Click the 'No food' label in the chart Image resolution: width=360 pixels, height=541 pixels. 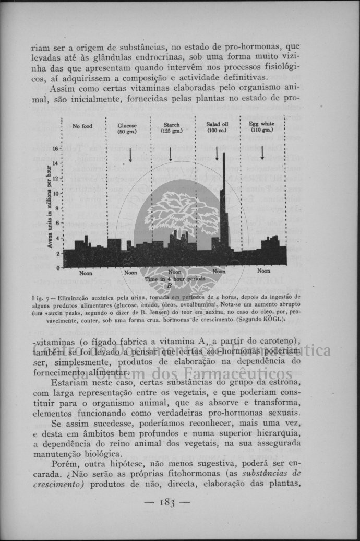(82, 126)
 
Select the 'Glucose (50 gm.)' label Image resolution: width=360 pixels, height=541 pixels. (127, 128)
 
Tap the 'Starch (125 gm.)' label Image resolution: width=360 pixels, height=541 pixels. (171, 127)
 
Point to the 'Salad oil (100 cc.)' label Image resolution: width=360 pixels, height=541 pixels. (217, 127)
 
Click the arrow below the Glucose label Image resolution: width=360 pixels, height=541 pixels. (130, 155)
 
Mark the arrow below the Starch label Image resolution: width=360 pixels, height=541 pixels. (170, 154)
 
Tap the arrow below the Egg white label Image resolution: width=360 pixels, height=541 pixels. (262, 152)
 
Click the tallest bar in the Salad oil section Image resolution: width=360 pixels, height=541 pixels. (224, 198)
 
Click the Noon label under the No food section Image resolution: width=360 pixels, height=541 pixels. (86, 273)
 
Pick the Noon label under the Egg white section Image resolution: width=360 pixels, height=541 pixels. (263, 271)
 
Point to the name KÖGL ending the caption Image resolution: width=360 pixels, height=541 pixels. (271, 319)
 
